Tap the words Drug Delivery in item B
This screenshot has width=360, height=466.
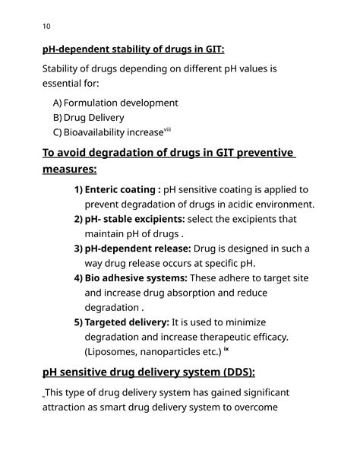coord(94,118)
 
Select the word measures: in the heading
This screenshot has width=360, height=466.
coord(69,170)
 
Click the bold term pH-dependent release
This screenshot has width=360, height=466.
coord(137,249)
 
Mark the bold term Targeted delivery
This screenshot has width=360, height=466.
coord(127,322)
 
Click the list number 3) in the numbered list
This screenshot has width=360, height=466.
coord(78,249)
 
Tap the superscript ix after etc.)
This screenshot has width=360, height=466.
coord(226,350)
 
